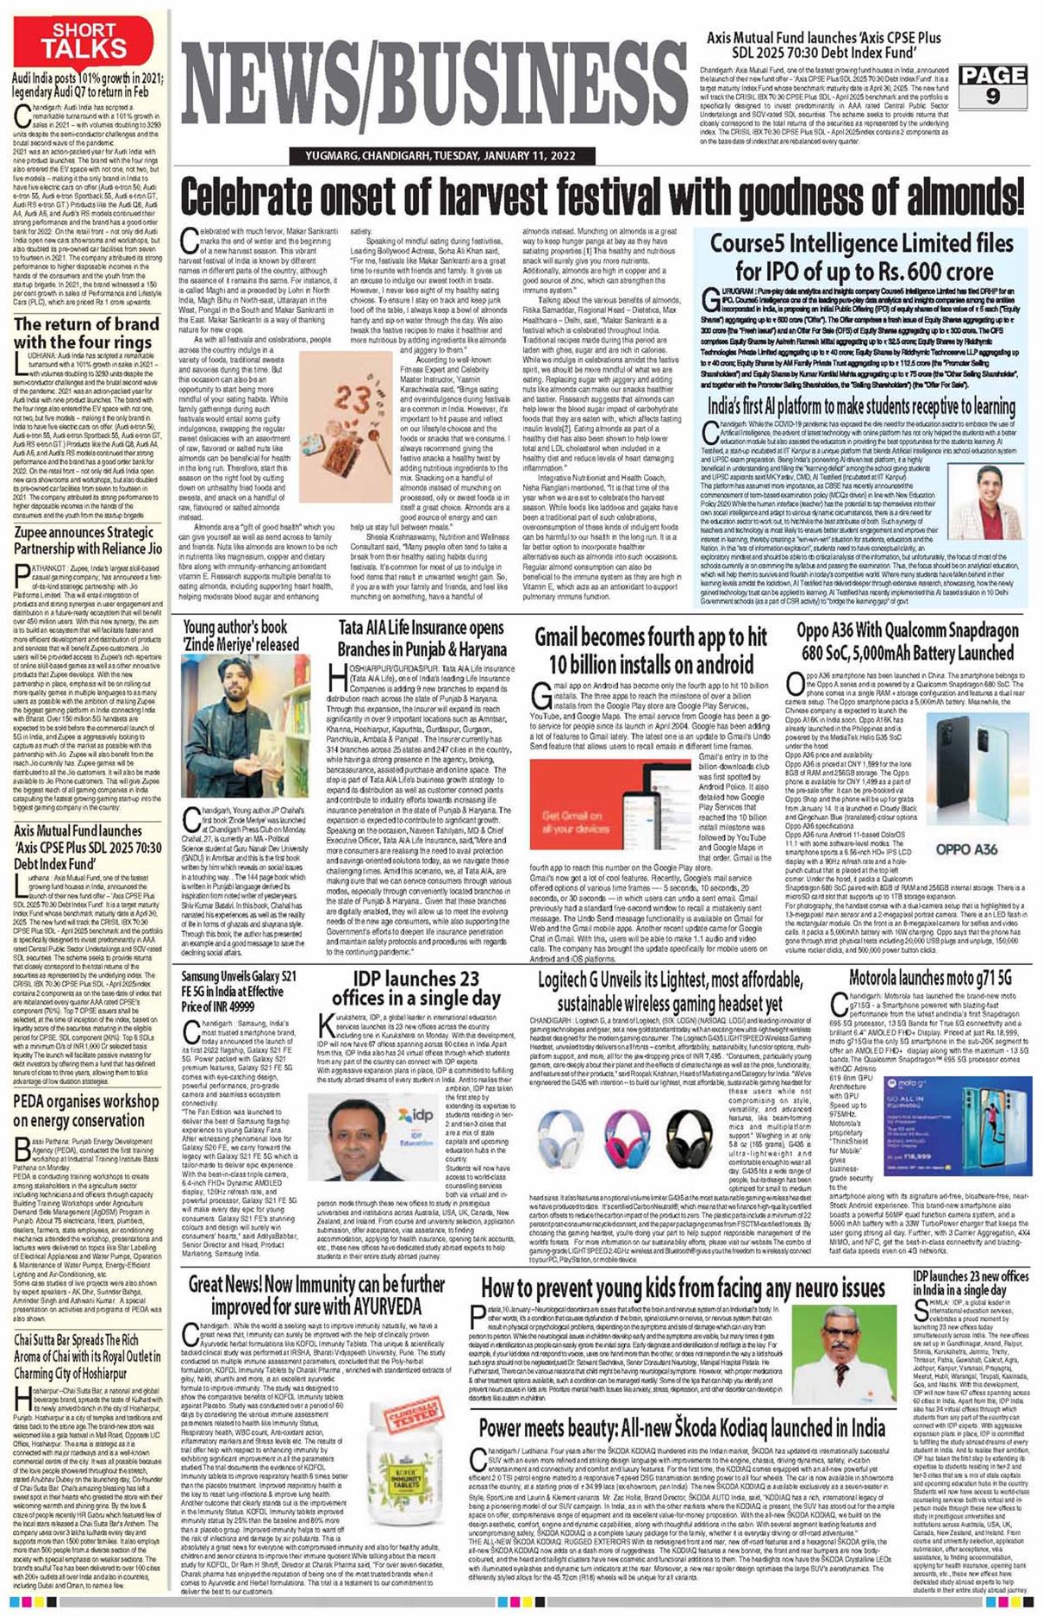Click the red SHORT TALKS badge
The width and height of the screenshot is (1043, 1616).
tap(84, 40)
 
